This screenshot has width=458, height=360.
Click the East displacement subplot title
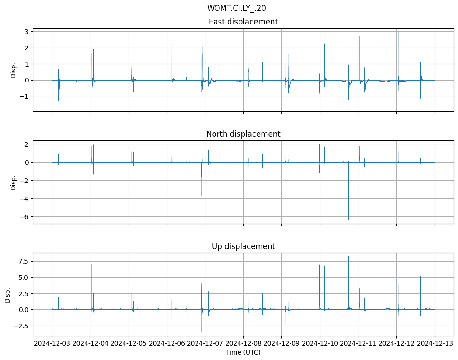(243, 22)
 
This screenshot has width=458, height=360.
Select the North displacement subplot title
(243, 134)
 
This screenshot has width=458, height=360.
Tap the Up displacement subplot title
(243, 246)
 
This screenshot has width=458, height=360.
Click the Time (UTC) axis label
(243, 352)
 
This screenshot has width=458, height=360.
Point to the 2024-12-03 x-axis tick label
(52, 344)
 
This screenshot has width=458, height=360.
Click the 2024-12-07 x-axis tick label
(205, 344)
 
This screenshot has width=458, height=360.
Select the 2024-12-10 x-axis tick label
(320, 344)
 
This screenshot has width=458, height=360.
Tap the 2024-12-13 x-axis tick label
(435, 344)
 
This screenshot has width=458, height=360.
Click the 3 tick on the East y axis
(27, 31)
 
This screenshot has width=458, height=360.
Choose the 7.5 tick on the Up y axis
(23, 261)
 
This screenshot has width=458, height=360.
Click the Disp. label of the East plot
(14, 70)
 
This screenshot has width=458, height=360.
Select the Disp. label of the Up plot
(8, 294)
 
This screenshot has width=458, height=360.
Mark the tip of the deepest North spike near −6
(348, 220)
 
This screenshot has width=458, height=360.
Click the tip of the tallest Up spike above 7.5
(348, 257)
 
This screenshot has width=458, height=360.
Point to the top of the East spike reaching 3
(398, 32)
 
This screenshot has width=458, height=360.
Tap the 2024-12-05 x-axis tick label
(129, 344)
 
